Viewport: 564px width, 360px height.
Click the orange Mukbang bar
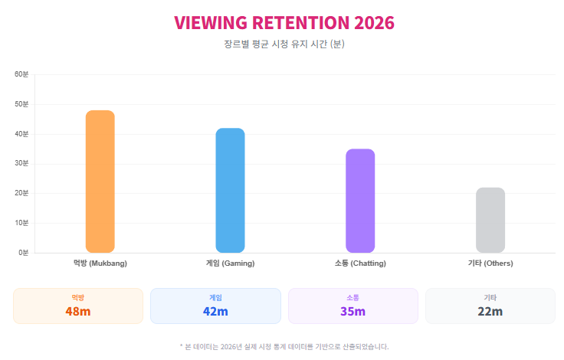[x=100, y=182]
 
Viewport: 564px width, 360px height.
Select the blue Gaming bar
[x=230, y=190]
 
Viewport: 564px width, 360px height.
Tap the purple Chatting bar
[x=360, y=201]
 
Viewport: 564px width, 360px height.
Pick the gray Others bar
[x=490, y=220]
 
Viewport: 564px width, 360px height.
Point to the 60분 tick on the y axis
[x=21, y=74]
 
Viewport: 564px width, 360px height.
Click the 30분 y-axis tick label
[x=21, y=163]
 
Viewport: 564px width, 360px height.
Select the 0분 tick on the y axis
[x=23, y=253]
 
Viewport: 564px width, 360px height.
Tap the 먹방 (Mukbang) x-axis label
[x=100, y=263]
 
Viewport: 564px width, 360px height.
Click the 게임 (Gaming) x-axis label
[x=230, y=263]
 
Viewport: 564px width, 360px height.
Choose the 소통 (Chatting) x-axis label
[x=360, y=263]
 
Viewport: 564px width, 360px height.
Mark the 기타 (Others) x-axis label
[x=490, y=263]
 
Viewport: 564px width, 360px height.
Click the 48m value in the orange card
[x=78, y=312]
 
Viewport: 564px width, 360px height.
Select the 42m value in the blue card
[x=215, y=312]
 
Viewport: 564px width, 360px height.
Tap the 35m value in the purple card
[x=352, y=312]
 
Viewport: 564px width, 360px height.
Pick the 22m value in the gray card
[x=490, y=312]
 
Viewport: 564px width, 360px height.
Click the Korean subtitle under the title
[x=283, y=44]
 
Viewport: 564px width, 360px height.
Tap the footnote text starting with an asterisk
[x=283, y=347]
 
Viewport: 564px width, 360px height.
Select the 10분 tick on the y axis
[x=21, y=223]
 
